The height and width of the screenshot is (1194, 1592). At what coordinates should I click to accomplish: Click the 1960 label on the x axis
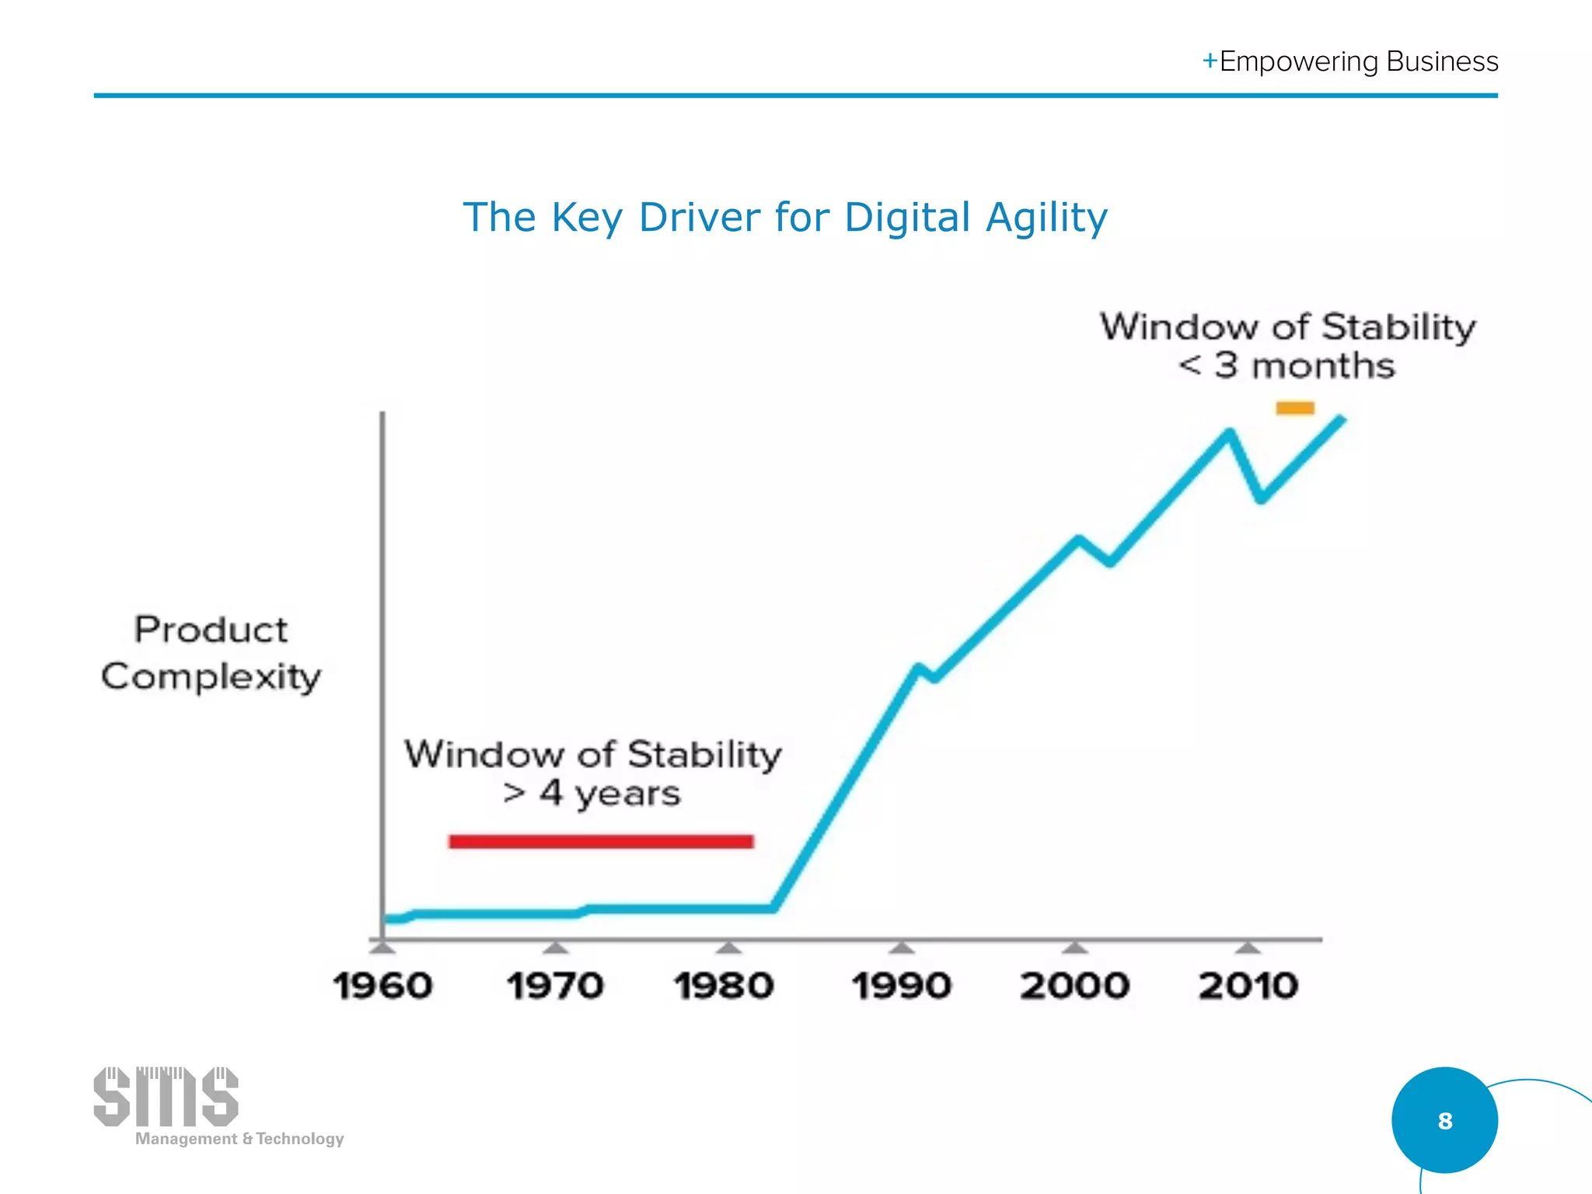(x=382, y=986)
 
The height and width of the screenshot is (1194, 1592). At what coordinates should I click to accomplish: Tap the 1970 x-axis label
(x=555, y=986)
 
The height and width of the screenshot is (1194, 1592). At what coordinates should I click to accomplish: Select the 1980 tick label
(x=724, y=986)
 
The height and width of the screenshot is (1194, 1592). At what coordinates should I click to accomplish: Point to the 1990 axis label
(x=901, y=986)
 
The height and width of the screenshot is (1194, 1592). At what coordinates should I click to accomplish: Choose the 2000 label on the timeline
(x=1074, y=986)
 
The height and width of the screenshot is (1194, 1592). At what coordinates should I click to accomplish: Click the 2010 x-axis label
(x=1248, y=986)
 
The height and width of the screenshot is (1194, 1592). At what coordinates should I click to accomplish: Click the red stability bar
(x=601, y=841)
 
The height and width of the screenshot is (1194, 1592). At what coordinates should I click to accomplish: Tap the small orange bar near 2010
(x=1295, y=408)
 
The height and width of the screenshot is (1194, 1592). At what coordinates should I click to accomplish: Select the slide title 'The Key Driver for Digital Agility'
(x=785, y=217)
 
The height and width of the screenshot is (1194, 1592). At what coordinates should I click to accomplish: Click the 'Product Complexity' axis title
(x=211, y=653)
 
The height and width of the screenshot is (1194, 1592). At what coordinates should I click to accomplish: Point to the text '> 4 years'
(x=592, y=794)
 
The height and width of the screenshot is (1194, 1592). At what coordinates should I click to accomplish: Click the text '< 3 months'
(x=1287, y=365)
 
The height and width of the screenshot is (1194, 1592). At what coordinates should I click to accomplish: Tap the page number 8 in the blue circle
(x=1444, y=1120)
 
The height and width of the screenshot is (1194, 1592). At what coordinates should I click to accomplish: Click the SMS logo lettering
(x=166, y=1097)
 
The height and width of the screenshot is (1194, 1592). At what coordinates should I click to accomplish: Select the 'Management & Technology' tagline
(x=239, y=1139)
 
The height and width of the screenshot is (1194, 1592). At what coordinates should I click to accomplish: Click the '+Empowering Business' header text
(x=1350, y=61)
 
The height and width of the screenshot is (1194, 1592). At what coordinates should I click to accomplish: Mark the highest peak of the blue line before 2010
(x=1230, y=432)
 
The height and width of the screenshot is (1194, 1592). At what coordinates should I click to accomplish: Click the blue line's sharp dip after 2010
(x=1262, y=499)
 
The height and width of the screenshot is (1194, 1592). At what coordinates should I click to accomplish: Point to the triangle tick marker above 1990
(x=901, y=947)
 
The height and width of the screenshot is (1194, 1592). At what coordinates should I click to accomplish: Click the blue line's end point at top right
(x=1342, y=420)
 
